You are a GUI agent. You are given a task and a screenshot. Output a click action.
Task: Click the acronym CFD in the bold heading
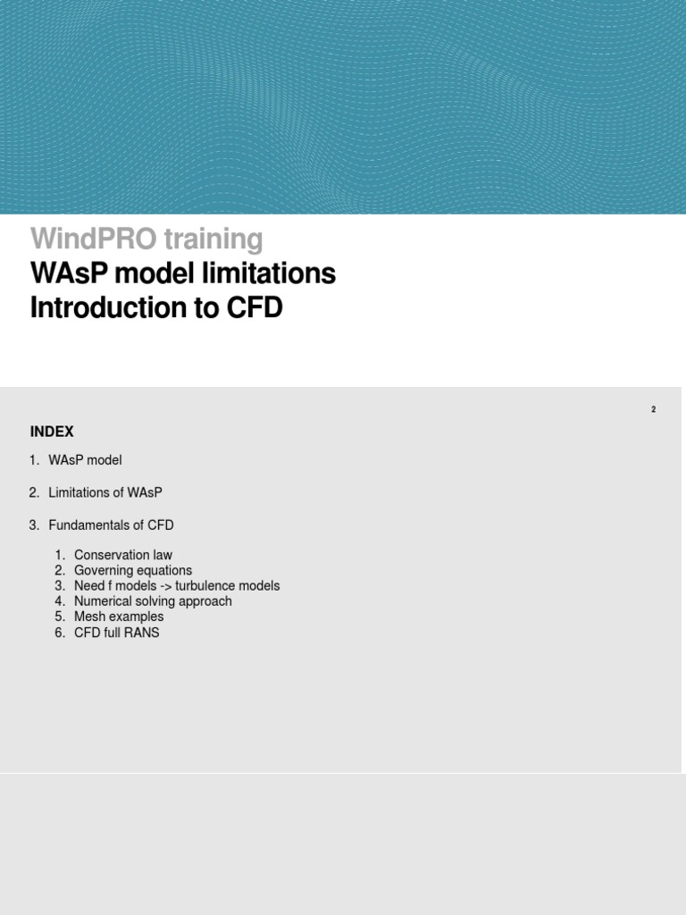click(254, 308)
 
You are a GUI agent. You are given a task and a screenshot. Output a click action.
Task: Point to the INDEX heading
click(52, 432)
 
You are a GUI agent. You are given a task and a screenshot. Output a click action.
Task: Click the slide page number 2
click(653, 409)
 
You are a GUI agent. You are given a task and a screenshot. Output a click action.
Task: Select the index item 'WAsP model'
click(85, 460)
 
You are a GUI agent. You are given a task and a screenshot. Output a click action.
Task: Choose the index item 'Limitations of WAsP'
click(105, 492)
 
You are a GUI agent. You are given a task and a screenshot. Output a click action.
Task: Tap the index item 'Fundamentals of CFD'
click(111, 525)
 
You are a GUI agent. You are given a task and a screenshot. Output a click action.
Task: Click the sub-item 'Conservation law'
click(123, 555)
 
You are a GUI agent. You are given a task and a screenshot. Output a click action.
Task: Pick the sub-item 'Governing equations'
click(133, 570)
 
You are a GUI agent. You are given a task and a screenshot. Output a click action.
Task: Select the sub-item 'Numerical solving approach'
click(153, 601)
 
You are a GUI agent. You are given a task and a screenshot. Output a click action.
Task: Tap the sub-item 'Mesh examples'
click(119, 617)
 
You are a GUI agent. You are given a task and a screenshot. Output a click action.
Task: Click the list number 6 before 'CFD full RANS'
click(59, 633)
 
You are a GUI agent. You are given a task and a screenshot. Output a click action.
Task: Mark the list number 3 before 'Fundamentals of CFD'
click(34, 525)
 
